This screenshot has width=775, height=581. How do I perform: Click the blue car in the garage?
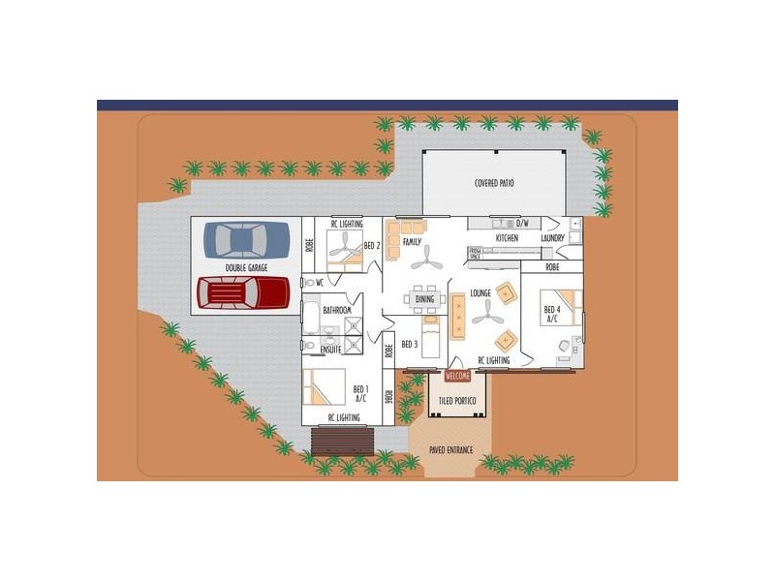click(246, 239)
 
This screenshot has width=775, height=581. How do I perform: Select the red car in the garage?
click(244, 291)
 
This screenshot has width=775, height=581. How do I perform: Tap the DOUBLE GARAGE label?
click(246, 267)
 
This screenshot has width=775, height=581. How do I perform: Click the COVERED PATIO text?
click(494, 183)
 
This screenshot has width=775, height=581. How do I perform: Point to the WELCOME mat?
click(457, 376)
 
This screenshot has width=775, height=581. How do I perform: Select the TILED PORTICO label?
click(457, 399)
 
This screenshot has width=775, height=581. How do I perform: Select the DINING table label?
click(424, 299)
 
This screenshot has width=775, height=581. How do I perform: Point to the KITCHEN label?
click(507, 237)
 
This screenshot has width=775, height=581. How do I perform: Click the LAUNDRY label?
click(553, 237)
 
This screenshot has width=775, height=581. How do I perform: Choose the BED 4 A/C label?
click(552, 314)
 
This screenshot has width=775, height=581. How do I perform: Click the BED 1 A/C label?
click(359, 392)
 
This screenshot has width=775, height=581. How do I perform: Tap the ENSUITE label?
click(330, 350)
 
